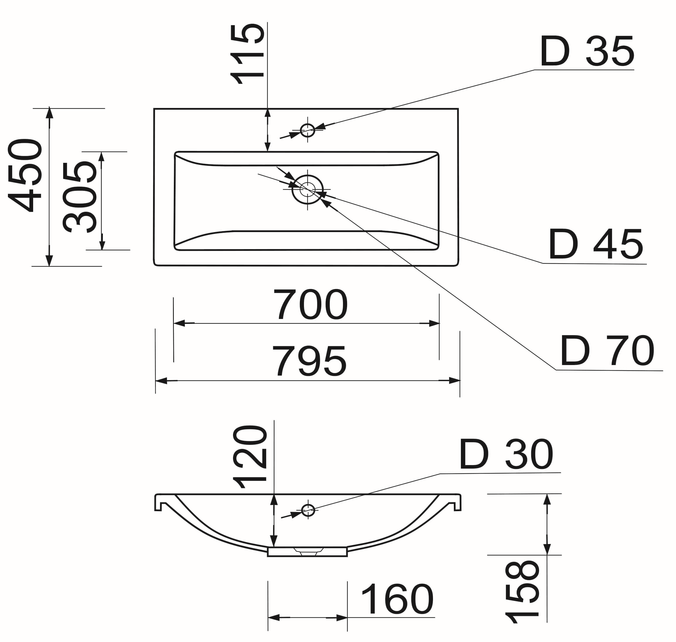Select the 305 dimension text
tap(80, 197)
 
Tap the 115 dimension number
tap(247, 54)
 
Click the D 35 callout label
tap(587, 52)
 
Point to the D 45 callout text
tap(596, 244)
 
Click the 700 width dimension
tap(310, 305)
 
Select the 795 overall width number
tap(309, 361)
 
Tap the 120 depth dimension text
tap(249, 457)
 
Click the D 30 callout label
tap(506, 455)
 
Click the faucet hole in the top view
tap(308, 130)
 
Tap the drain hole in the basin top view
tap(308, 189)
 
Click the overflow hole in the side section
tap(308, 510)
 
